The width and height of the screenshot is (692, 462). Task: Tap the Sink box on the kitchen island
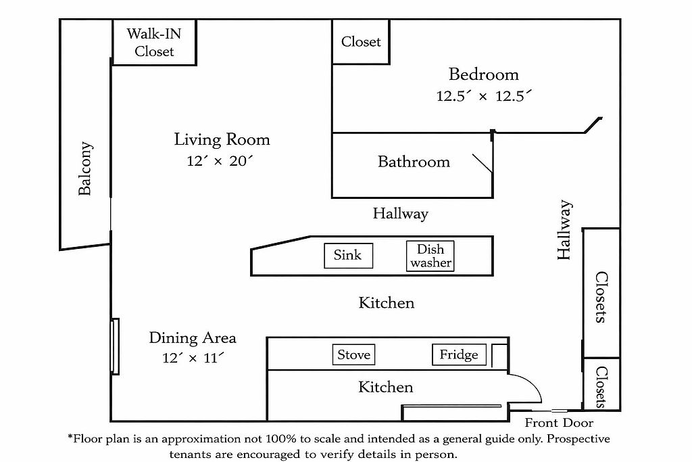tap(348, 255)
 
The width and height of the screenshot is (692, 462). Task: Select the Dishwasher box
tap(430, 256)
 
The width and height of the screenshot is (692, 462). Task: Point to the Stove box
tap(353, 354)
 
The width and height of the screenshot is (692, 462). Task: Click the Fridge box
tap(459, 354)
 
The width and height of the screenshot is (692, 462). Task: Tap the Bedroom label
tap(484, 74)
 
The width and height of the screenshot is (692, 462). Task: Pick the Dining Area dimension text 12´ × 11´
tap(193, 359)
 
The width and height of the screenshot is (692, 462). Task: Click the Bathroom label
tap(414, 162)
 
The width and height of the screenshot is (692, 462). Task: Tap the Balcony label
tap(85, 168)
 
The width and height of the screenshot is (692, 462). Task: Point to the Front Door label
tap(559, 423)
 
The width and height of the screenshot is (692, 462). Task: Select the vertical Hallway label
tap(565, 230)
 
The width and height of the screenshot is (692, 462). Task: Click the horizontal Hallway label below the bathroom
tap(400, 214)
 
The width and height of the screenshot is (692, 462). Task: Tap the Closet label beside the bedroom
tap(361, 42)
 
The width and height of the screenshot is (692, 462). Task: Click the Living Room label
tap(222, 140)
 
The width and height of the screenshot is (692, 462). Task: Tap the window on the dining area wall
tap(116, 346)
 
